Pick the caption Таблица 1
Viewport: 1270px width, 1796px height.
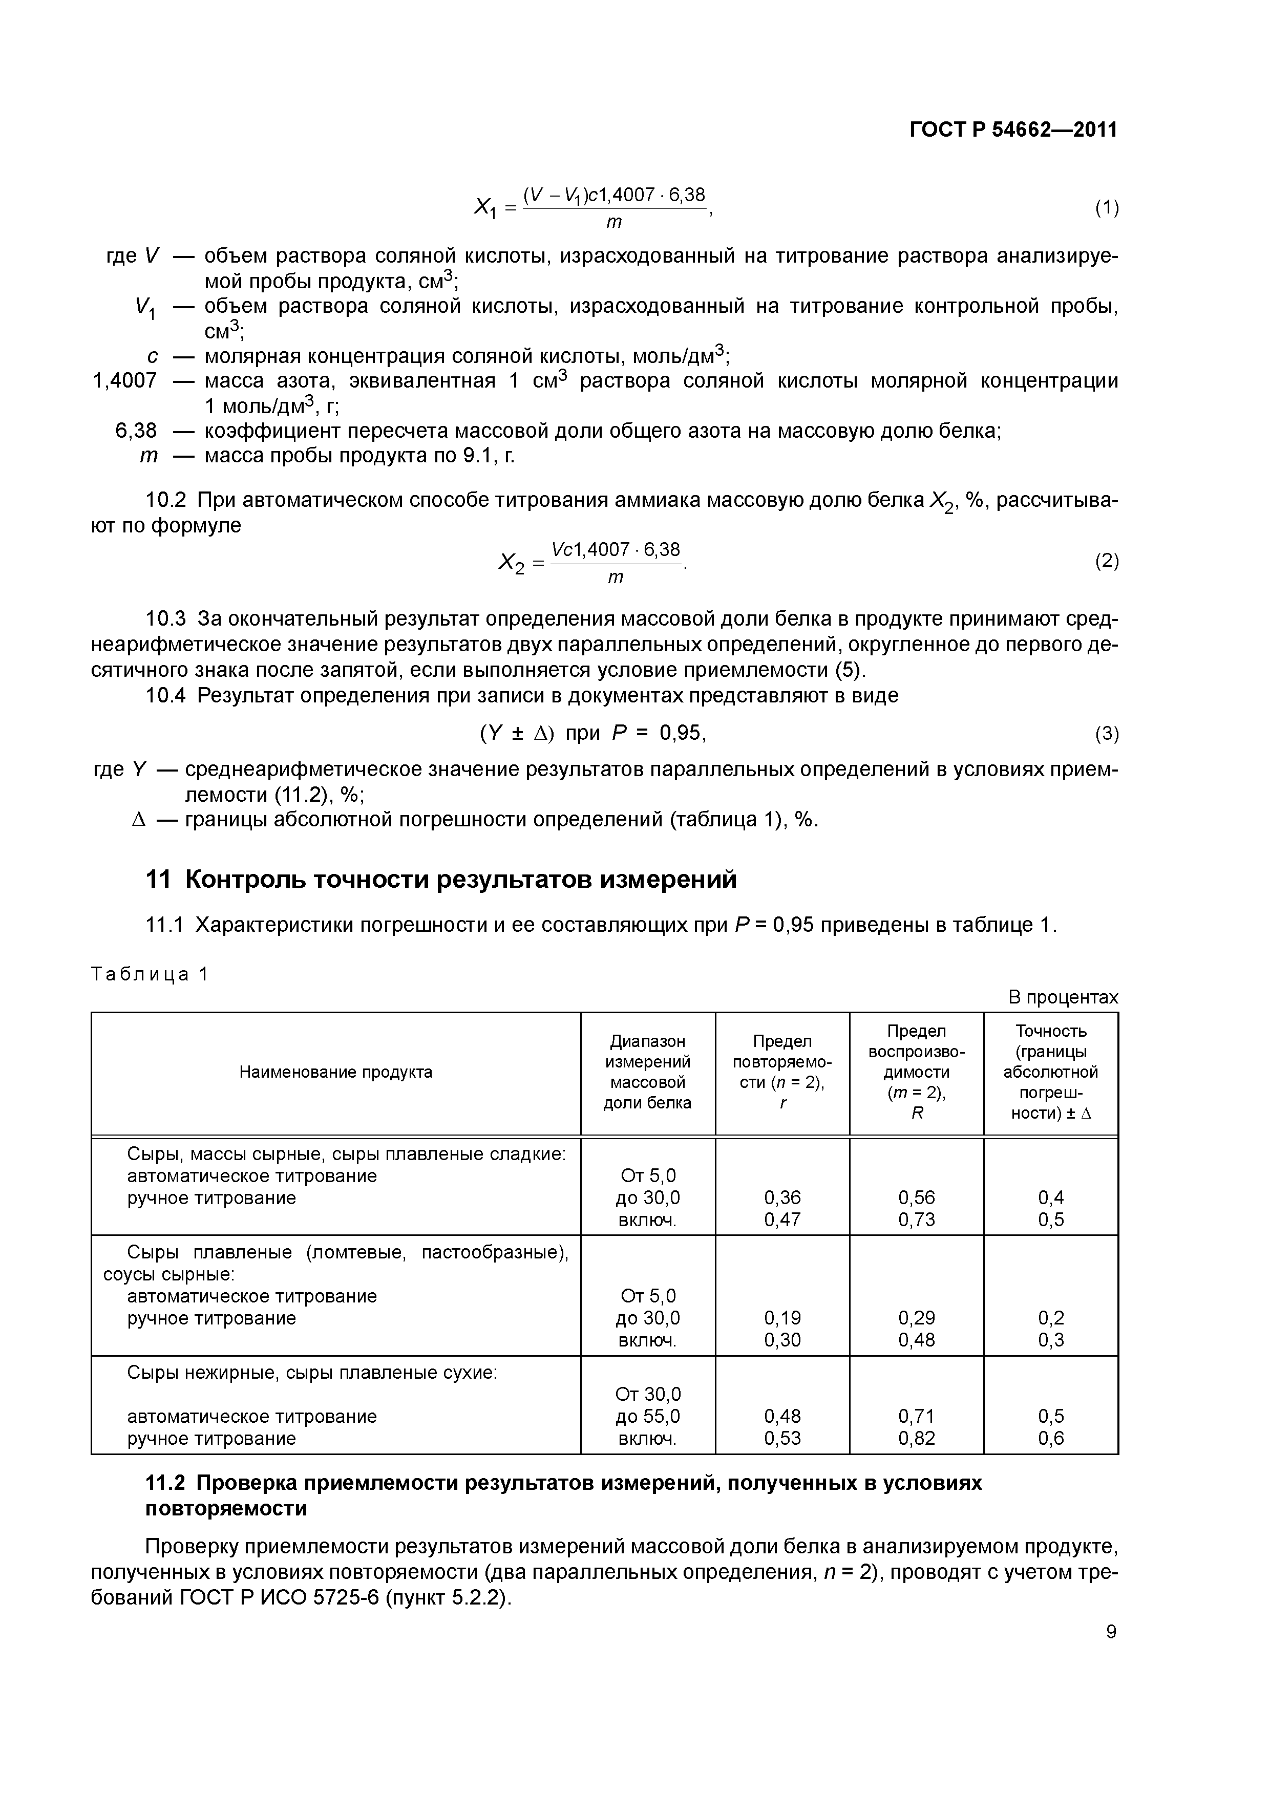click(150, 974)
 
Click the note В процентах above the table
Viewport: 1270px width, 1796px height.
click(1063, 997)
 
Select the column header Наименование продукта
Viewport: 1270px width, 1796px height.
click(336, 1072)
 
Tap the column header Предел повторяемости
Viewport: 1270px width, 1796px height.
click(782, 1072)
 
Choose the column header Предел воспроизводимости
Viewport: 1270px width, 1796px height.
click(916, 1072)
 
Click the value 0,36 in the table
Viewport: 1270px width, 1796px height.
click(782, 1198)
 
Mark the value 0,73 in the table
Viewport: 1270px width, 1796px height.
click(916, 1220)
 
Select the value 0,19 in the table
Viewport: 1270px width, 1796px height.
click(782, 1318)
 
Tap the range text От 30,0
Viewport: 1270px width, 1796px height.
click(648, 1394)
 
